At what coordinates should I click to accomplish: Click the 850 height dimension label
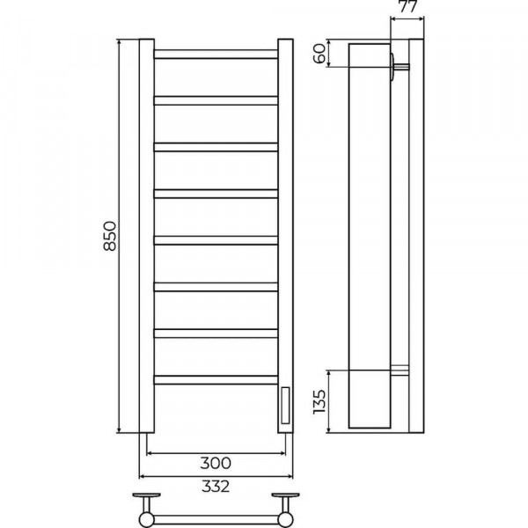click(110, 236)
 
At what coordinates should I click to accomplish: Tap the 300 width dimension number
click(216, 464)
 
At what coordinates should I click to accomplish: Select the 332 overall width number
click(216, 487)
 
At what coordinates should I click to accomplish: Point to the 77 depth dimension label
click(407, 6)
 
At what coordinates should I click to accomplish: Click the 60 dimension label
click(320, 53)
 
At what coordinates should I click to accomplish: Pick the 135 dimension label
click(319, 402)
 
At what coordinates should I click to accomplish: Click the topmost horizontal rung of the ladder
click(216, 55)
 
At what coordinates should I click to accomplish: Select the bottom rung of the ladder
click(216, 380)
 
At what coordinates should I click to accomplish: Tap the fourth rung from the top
click(216, 194)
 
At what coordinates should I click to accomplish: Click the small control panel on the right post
click(285, 406)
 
